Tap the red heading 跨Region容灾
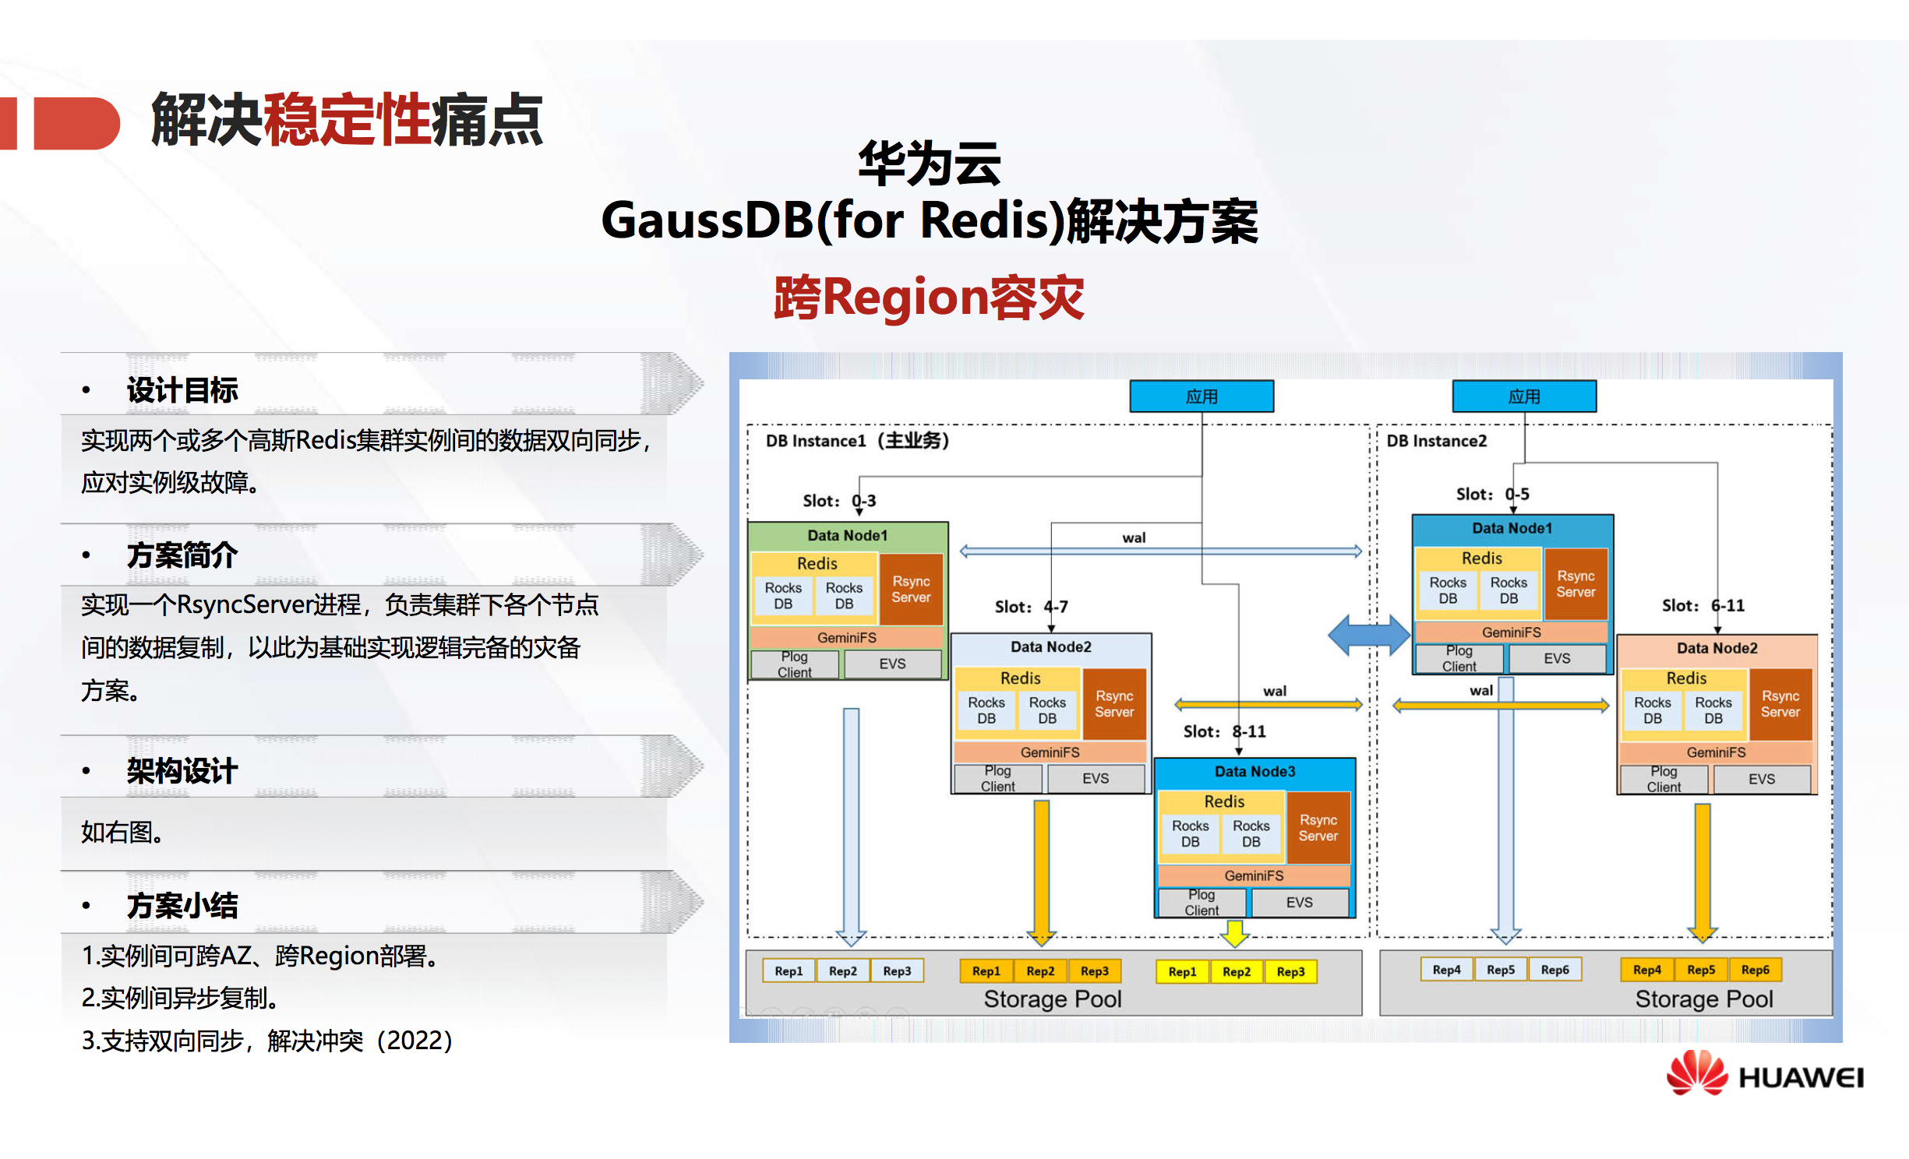(928, 298)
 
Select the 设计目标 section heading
(182, 389)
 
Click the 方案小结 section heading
(182, 905)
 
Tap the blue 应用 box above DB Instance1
(1201, 396)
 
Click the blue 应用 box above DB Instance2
(1523, 396)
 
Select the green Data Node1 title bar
(847, 535)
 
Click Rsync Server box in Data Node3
(1318, 827)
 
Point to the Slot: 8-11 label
(1224, 731)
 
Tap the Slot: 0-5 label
(1492, 494)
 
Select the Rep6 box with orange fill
(1755, 970)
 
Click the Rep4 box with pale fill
(1446, 970)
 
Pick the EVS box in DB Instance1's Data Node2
(1095, 778)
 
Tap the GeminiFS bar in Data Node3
(1254, 875)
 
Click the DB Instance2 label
(1436, 441)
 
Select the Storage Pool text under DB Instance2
(1703, 999)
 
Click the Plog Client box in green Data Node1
(794, 664)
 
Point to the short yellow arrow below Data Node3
(1235, 932)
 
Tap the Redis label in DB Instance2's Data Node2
(1686, 678)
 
